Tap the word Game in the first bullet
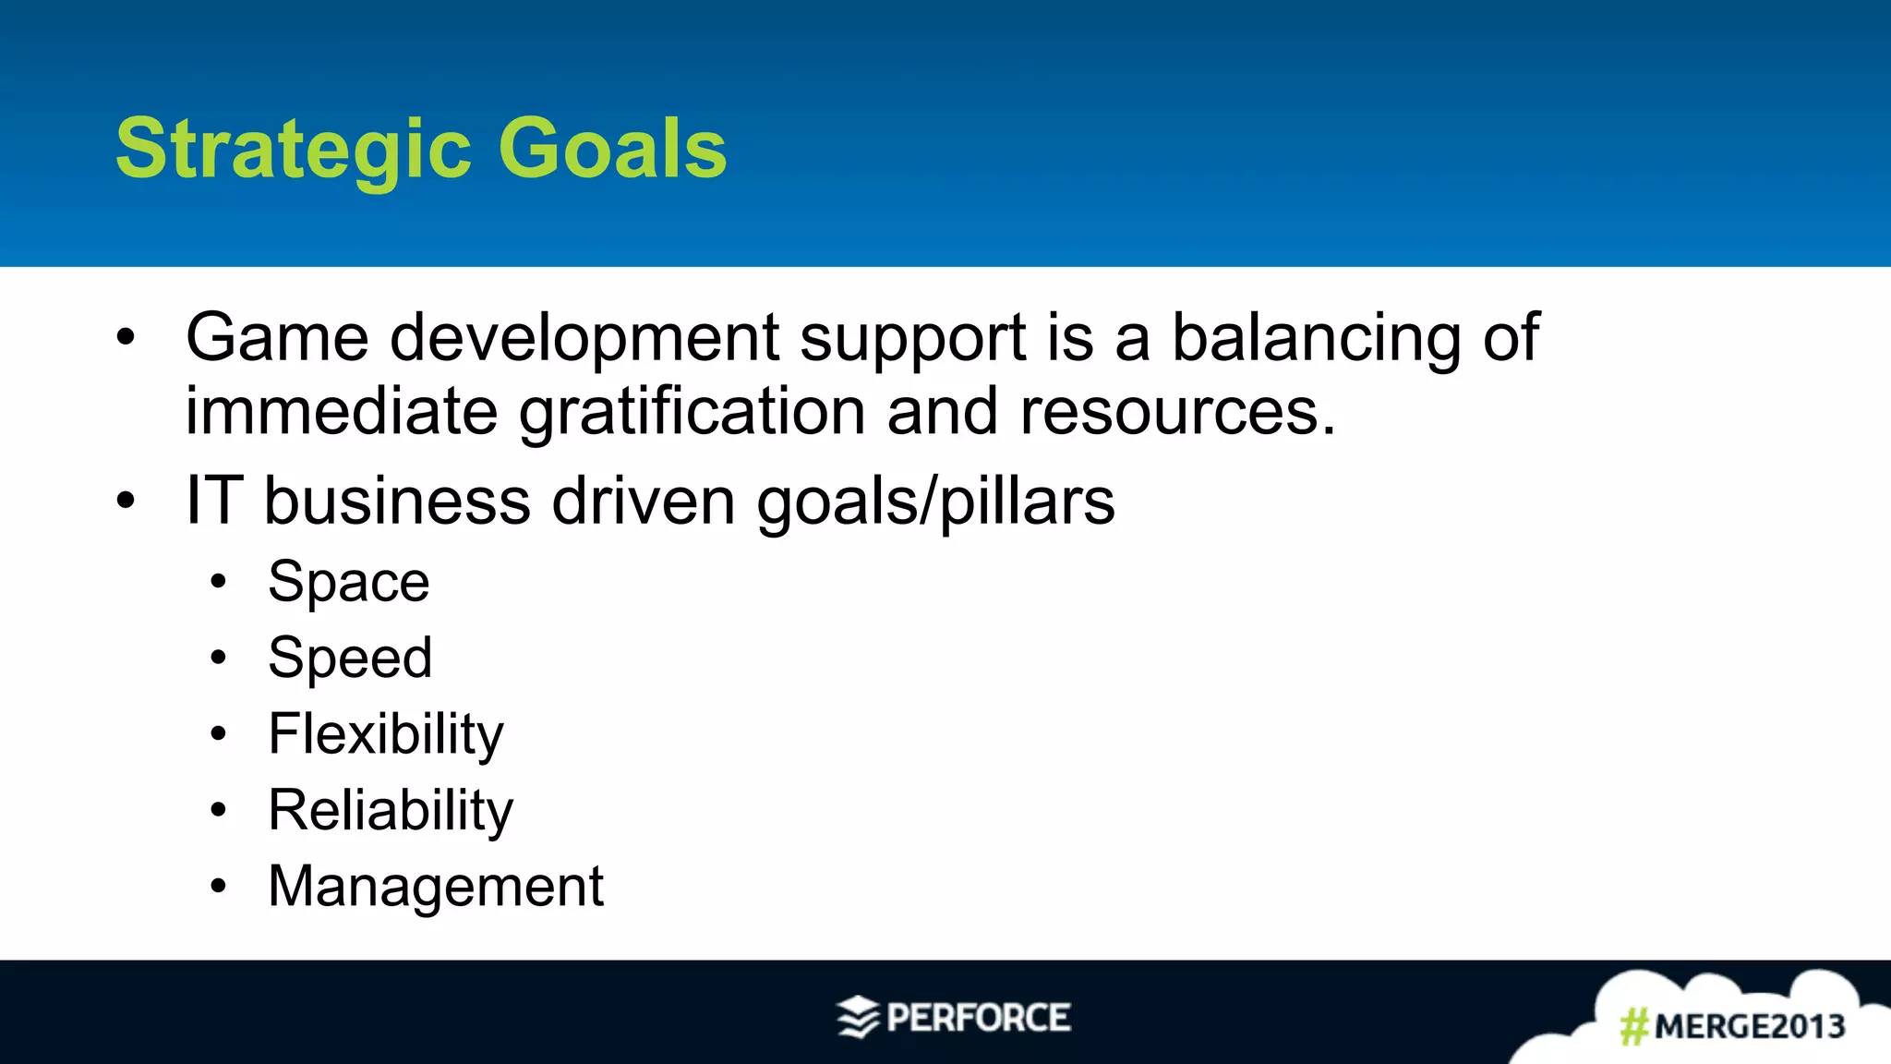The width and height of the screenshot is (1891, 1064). (277, 337)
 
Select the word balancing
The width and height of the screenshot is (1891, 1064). (1316, 339)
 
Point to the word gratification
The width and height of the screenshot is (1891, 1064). (692, 413)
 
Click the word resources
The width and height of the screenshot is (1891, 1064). (1177, 413)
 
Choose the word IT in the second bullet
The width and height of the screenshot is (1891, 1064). (214, 501)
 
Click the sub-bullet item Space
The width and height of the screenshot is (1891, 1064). (349, 583)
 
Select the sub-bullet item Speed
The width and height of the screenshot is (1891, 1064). (350, 659)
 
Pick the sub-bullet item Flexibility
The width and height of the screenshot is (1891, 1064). (386, 735)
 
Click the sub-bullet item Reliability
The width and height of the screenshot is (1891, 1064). (391, 811)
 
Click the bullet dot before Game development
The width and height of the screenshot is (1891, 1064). (126, 338)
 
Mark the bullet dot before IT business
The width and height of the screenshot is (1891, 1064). (126, 502)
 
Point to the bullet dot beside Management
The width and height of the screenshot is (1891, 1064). (218, 887)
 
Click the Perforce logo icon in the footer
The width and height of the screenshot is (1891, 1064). (858, 1018)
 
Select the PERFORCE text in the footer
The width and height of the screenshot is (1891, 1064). (979, 1018)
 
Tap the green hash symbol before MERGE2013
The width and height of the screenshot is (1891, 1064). (1634, 1026)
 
